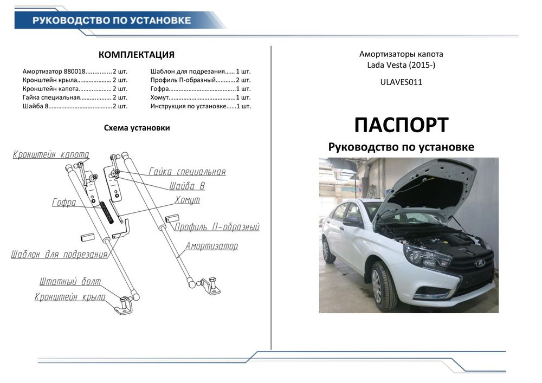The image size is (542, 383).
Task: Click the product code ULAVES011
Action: [x=401, y=82]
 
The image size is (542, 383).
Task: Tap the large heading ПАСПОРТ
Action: [x=401, y=125]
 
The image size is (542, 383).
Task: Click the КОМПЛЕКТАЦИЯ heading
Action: [x=136, y=55]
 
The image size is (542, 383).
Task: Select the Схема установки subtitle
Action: [x=137, y=128]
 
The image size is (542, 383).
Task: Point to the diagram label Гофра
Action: [x=64, y=203]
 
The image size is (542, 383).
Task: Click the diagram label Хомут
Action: [x=187, y=200]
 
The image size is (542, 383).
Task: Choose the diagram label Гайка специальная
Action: [x=187, y=172]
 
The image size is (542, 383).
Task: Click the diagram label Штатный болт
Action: [x=70, y=282]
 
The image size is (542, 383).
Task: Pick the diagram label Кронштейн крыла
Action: [x=70, y=297]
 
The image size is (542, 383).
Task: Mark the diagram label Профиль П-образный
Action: [x=217, y=227]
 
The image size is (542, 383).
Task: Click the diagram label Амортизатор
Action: [x=211, y=246]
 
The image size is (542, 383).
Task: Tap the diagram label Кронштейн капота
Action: [x=51, y=154]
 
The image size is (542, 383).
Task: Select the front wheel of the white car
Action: [x=383, y=286]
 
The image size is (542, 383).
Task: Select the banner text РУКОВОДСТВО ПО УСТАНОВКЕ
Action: [x=112, y=21]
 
